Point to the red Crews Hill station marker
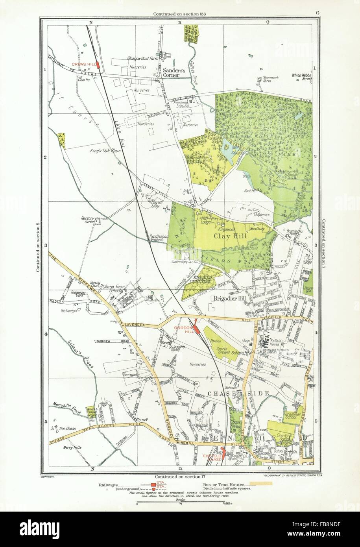[x=97, y=65]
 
